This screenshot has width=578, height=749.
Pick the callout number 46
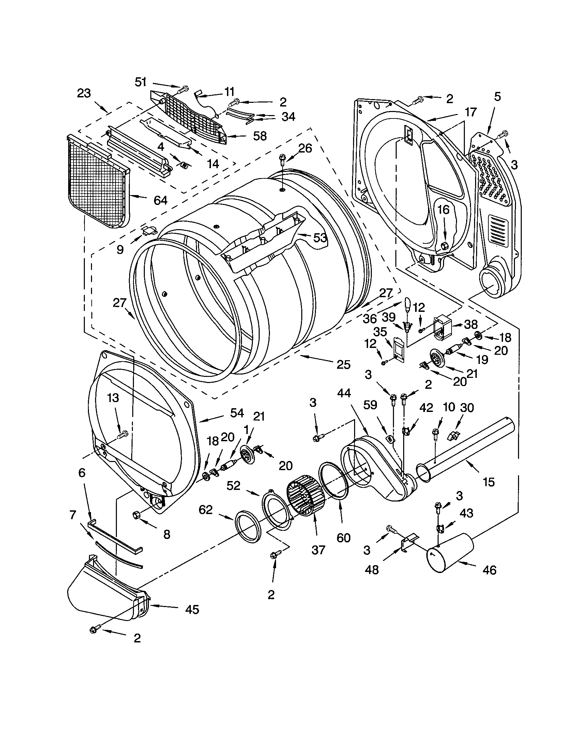[x=489, y=570]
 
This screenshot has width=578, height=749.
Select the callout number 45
[x=192, y=609]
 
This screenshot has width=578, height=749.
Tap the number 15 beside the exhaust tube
[x=489, y=482]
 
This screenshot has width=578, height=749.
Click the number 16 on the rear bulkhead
[x=443, y=209]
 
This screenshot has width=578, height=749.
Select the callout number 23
[x=84, y=93]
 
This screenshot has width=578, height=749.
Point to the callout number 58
[x=260, y=136]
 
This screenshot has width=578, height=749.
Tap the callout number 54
[x=237, y=413]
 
